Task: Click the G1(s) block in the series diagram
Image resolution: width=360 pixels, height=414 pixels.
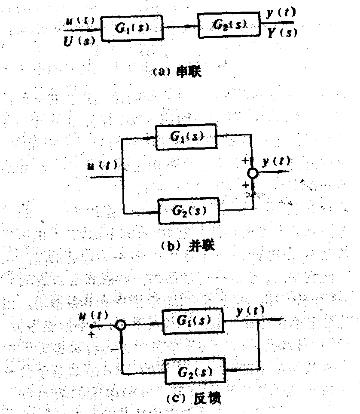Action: click(x=133, y=28)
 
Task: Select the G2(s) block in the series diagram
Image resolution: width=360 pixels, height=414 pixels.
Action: click(x=229, y=25)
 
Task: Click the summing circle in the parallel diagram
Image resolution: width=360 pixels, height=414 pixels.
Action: click(x=253, y=173)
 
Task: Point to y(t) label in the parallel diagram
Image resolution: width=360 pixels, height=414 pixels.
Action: click(x=276, y=162)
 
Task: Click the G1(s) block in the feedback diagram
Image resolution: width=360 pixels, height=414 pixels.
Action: click(x=193, y=321)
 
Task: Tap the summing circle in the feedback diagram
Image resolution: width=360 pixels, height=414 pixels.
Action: click(x=121, y=326)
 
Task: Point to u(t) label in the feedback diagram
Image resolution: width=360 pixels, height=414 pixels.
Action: click(x=94, y=317)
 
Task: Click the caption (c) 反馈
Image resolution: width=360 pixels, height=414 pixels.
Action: click(x=189, y=398)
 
